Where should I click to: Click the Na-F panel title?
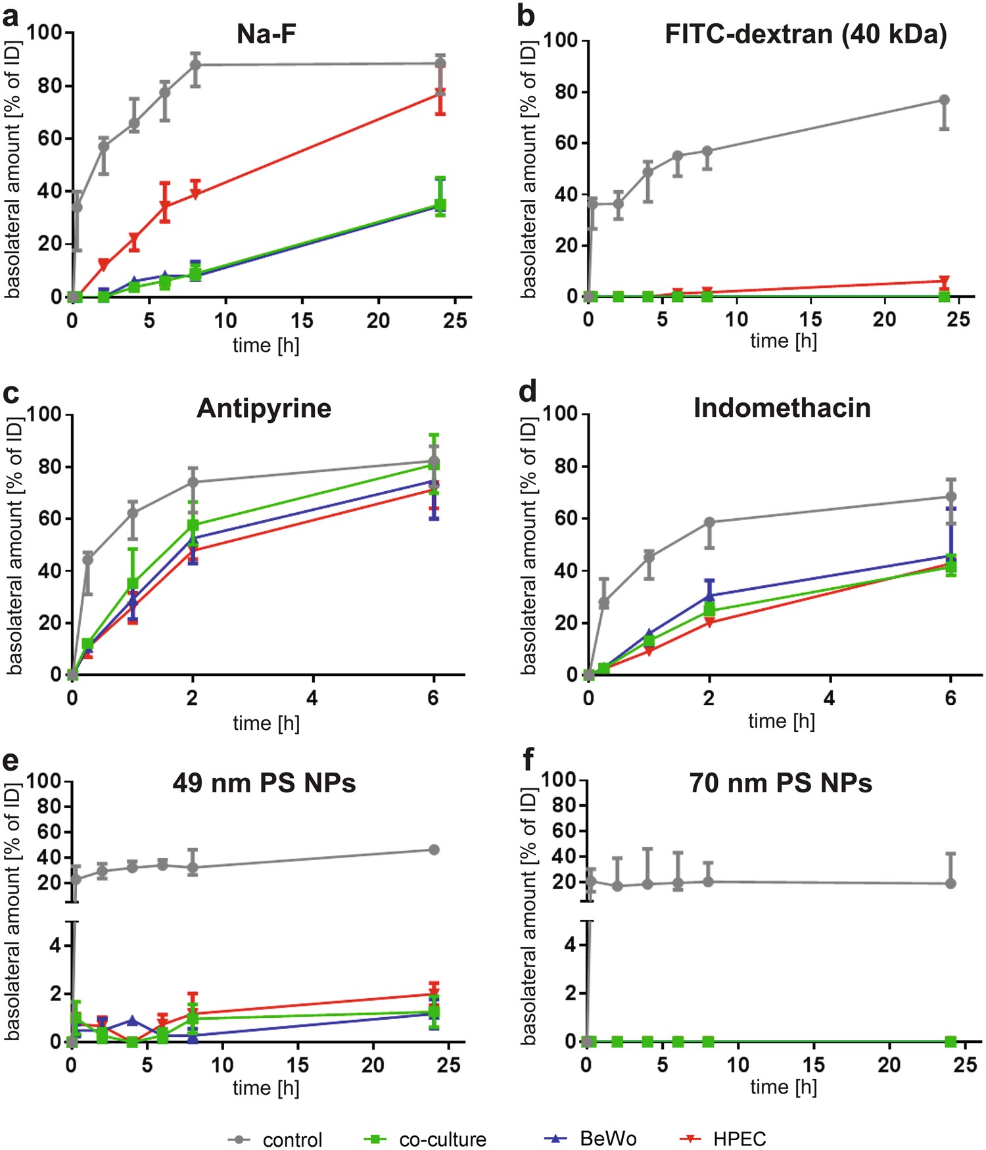point(266,34)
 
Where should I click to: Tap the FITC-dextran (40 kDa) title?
point(805,34)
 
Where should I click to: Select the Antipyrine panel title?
point(264,408)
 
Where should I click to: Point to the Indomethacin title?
point(782,408)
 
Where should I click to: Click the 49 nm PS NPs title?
point(264,783)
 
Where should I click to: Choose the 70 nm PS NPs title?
point(780,783)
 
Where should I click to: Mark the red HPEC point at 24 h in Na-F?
point(440,93)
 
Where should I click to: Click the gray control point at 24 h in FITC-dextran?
point(944,100)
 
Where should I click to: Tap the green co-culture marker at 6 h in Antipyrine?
point(434,465)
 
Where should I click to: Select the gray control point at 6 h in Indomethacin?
point(951,497)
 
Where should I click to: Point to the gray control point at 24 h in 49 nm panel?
point(434,850)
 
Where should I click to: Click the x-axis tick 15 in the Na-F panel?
point(302,321)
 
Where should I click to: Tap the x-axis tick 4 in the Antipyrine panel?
point(312,698)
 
